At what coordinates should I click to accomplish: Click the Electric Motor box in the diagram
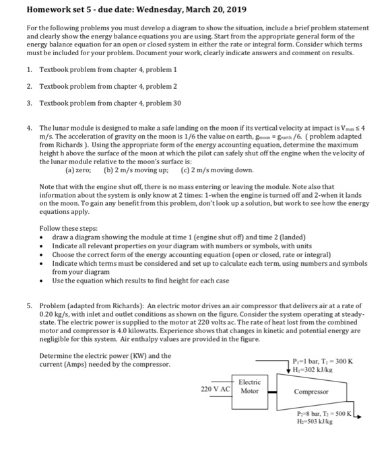pos(249,389)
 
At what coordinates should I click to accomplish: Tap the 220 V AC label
pos(216,389)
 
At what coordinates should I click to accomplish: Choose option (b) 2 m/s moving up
pos(135,170)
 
